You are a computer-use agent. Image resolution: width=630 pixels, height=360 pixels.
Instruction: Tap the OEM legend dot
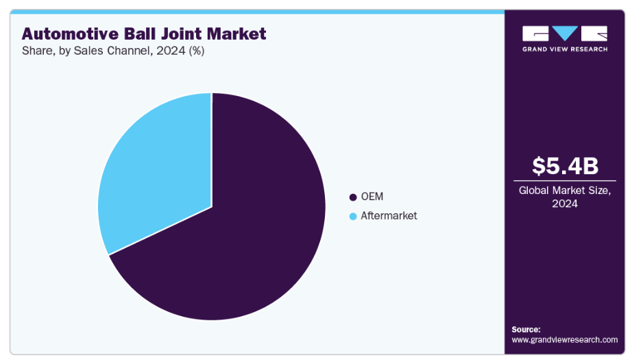[x=353, y=197]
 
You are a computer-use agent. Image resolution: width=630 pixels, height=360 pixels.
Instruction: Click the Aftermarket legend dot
[x=353, y=216]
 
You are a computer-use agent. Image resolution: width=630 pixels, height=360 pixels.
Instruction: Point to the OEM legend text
[x=372, y=197]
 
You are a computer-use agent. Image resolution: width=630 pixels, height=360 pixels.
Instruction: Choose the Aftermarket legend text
[x=389, y=216]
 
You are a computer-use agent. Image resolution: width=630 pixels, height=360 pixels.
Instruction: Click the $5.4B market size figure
[x=566, y=166]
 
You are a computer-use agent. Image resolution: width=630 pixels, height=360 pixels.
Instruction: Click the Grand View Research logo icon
[x=565, y=34]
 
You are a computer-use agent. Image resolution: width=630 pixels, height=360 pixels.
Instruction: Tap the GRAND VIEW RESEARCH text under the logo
[x=565, y=49]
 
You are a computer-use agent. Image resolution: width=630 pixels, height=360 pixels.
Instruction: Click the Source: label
[x=526, y=329]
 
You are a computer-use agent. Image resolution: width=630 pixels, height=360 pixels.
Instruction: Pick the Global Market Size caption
[x=566, y=191]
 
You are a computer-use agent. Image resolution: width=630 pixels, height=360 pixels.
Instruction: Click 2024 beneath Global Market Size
[x=566, y=204]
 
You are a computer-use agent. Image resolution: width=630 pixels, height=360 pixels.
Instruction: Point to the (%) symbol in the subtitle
[x=195, y=51]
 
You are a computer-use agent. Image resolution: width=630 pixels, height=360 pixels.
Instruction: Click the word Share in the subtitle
[x=36, y=51]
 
